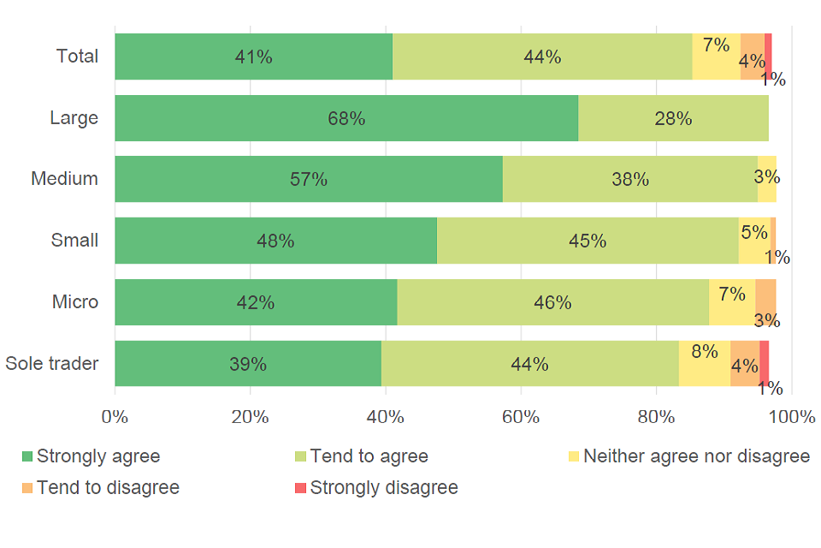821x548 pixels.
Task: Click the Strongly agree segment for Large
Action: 346,118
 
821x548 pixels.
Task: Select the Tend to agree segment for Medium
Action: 629,179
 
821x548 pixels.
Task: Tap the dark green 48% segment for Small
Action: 275,241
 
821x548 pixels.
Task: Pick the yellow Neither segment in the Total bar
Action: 716,57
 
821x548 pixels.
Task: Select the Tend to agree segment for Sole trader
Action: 529,364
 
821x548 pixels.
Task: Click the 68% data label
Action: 346,119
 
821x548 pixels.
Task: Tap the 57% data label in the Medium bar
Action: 308,180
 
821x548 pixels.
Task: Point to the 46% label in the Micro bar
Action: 552,302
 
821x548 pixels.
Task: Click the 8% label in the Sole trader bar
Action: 704,352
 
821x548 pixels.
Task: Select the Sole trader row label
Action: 52,363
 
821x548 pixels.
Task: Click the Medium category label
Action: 65,179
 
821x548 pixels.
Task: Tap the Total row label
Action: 78,57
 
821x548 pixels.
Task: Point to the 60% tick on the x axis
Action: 521,418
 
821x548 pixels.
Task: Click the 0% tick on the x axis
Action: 115,418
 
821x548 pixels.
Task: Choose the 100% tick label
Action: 791,418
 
